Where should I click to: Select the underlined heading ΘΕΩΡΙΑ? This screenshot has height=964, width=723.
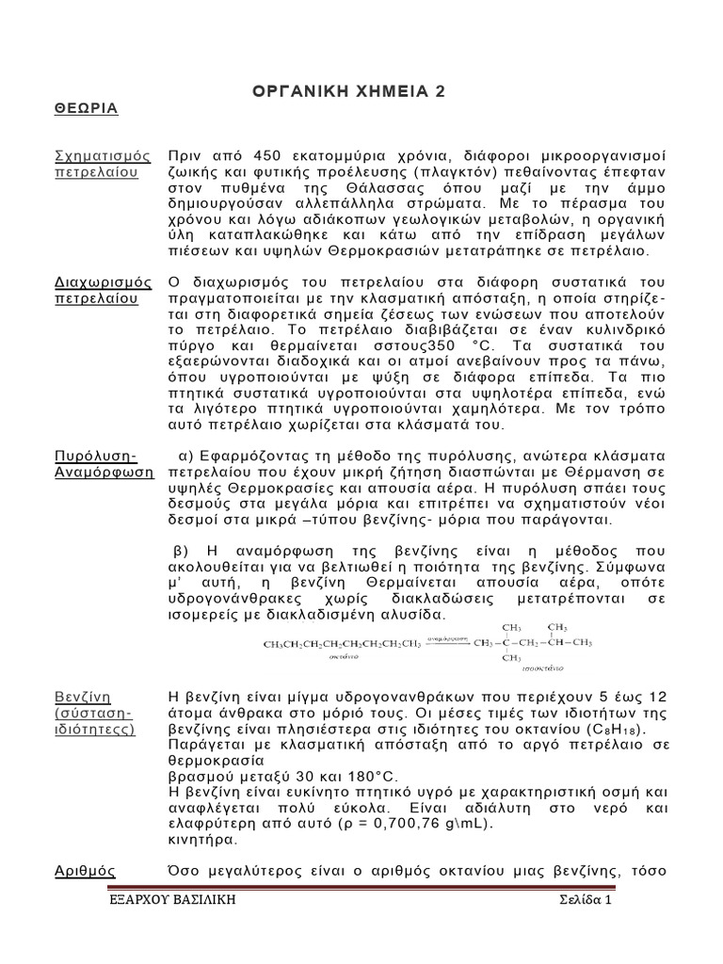(x=85, y=108)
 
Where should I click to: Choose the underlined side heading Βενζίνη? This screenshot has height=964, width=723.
(x=82, y=696)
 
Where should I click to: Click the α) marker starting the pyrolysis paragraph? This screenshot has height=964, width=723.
(x=185, y=455)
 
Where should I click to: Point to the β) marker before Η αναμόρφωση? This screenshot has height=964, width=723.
(x=183, y=551)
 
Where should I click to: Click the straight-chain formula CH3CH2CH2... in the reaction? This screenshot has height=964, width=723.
(x=341, y=644)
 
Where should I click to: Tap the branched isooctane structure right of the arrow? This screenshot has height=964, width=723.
(x=533, y=643)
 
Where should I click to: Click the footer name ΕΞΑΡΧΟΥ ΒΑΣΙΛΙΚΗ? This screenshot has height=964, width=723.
(x=169, y=901)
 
